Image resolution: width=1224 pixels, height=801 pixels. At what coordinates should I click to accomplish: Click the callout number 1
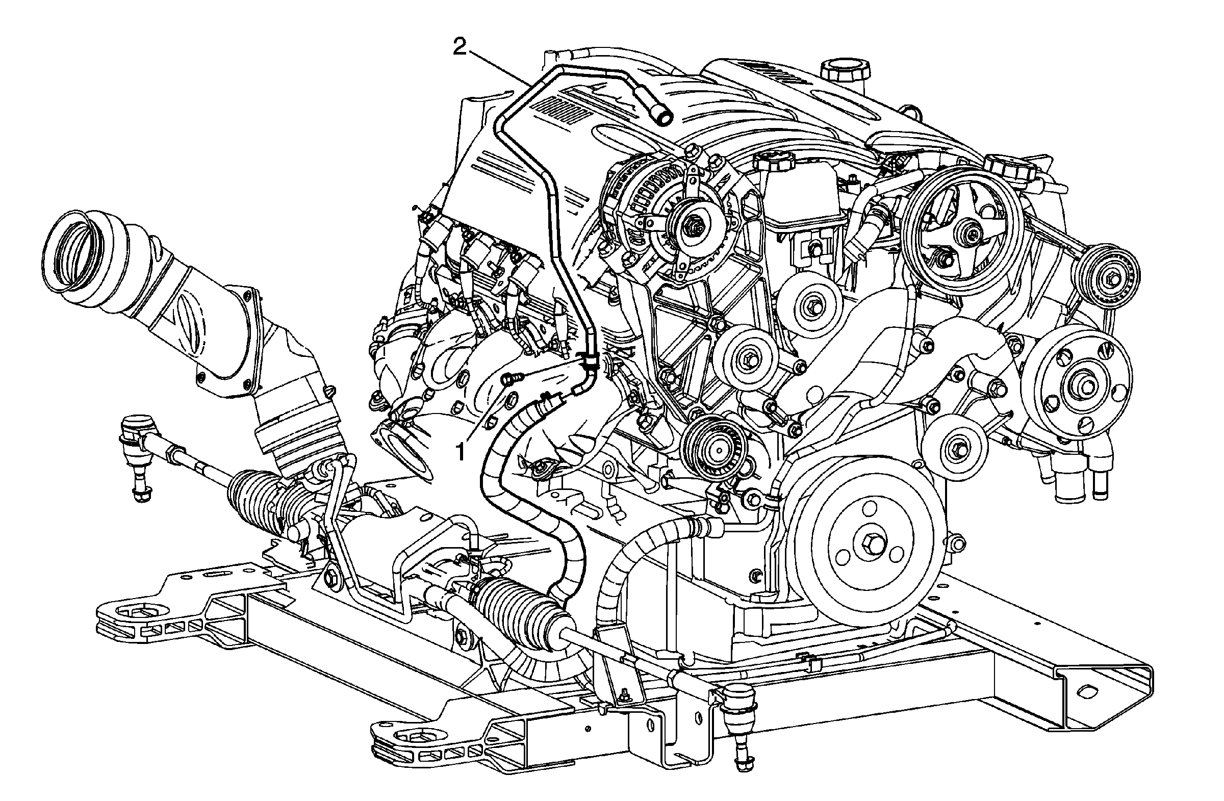pyautogui.click(x=462, y=452)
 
